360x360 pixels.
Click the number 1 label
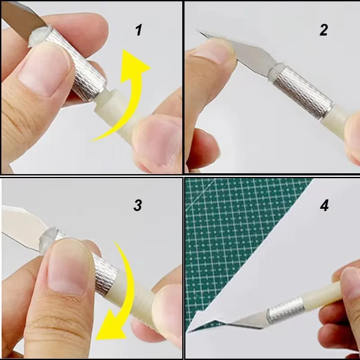[139, 31]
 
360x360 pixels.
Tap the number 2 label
[324, 30]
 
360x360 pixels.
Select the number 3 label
[138, 205]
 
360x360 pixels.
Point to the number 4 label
[324, 206]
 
